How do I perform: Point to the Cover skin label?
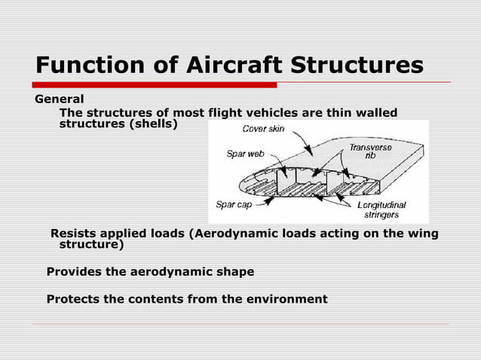tap(263, 129)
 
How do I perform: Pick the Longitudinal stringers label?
tap(380, 209)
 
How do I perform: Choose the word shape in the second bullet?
tap(232, 271)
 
